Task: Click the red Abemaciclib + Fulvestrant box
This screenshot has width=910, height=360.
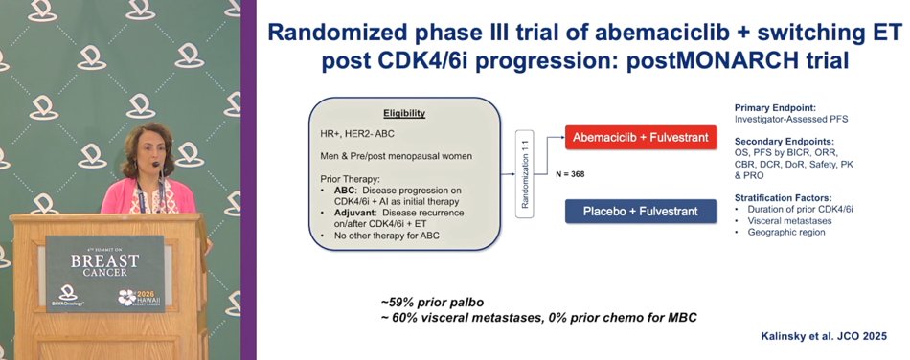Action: click(640, 138)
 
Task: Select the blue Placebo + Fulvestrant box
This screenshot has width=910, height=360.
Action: click(640, 211)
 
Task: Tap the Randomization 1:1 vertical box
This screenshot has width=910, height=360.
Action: click(524, 174)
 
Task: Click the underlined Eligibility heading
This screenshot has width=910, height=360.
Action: click(404, 114)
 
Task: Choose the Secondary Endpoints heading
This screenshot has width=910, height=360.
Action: click(775, 142)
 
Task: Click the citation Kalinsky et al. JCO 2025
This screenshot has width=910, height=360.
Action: click(824, 336)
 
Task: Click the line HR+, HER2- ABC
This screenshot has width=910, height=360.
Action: click(353, 133)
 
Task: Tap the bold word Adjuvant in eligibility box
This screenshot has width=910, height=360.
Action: click(353, 213)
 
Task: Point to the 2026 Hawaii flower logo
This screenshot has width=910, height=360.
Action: click(126, 297)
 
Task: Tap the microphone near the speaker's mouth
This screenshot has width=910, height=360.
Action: click(155, 165)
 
